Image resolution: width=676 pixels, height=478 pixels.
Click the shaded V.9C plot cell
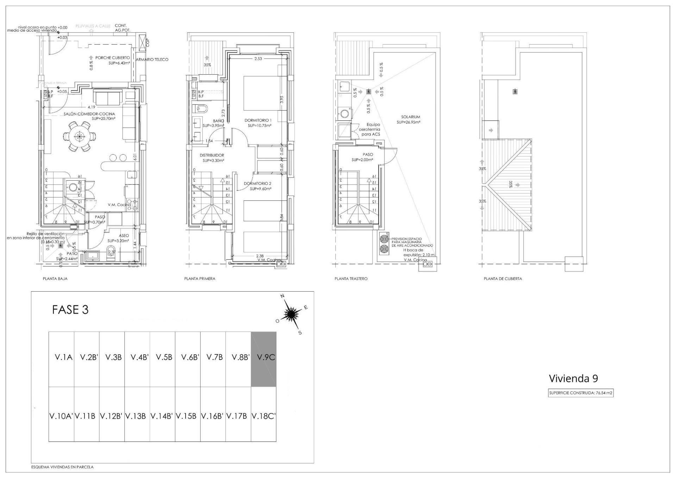click(263, 359)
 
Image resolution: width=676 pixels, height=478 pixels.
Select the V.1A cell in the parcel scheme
click(64, 357)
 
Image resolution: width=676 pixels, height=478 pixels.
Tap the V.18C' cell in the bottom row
click(263, 416)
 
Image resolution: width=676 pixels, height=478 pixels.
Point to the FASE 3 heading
click(70, 310)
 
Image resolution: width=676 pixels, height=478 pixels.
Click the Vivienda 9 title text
click(573, 378)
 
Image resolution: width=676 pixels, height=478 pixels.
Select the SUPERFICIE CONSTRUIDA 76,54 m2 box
click(581, 393)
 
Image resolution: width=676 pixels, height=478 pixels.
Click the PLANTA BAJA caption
click(55, 279)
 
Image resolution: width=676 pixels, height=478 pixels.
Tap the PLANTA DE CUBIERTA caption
click(502, 279)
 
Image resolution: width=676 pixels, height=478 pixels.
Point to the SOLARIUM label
click(411, 117)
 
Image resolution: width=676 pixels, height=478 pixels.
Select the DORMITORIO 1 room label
click(258, 120)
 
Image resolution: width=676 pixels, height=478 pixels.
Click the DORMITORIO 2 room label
click(257, 184)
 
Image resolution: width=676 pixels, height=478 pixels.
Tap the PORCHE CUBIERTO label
click(113, 58)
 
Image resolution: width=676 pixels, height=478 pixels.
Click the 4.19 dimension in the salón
click(92, 107)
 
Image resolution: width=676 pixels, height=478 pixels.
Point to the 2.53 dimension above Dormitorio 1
click(258, 59)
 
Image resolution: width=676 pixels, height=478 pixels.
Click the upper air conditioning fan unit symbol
click(384, 239)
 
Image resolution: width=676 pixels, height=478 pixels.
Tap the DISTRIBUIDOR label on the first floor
click(212, 155)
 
